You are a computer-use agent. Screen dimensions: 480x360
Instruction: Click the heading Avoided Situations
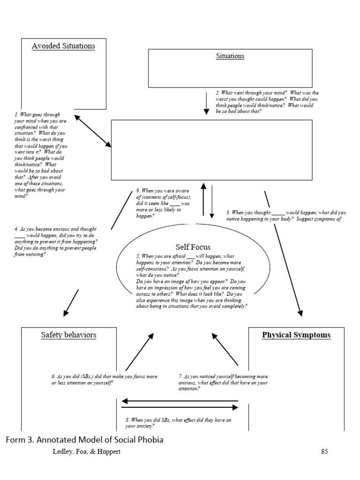tap(63, 46)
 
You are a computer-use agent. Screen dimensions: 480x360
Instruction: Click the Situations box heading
tap(230, 56)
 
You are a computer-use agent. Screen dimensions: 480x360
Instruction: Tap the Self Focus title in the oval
tap(193, 247)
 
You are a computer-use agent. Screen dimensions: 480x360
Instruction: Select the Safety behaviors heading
tap(68, 335)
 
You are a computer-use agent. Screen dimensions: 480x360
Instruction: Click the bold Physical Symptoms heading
tap(296, 335)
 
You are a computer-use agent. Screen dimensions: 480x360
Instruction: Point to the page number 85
tap(324, 452)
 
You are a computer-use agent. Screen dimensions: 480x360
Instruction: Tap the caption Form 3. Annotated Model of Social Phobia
tap(85, 439)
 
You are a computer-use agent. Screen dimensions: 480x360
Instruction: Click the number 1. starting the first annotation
tap(16, 115)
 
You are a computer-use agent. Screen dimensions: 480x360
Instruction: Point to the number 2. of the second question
tap(217, 93)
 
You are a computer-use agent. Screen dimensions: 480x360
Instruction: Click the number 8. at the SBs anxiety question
tap(127, 420)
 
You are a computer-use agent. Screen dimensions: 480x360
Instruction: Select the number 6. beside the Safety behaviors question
tap(53, 376)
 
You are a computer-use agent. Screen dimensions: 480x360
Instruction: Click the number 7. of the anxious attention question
tap(180, 376)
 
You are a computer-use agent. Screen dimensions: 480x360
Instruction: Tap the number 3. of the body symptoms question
tap(228, 212)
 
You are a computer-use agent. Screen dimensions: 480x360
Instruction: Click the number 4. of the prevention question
tap(16, 229)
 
